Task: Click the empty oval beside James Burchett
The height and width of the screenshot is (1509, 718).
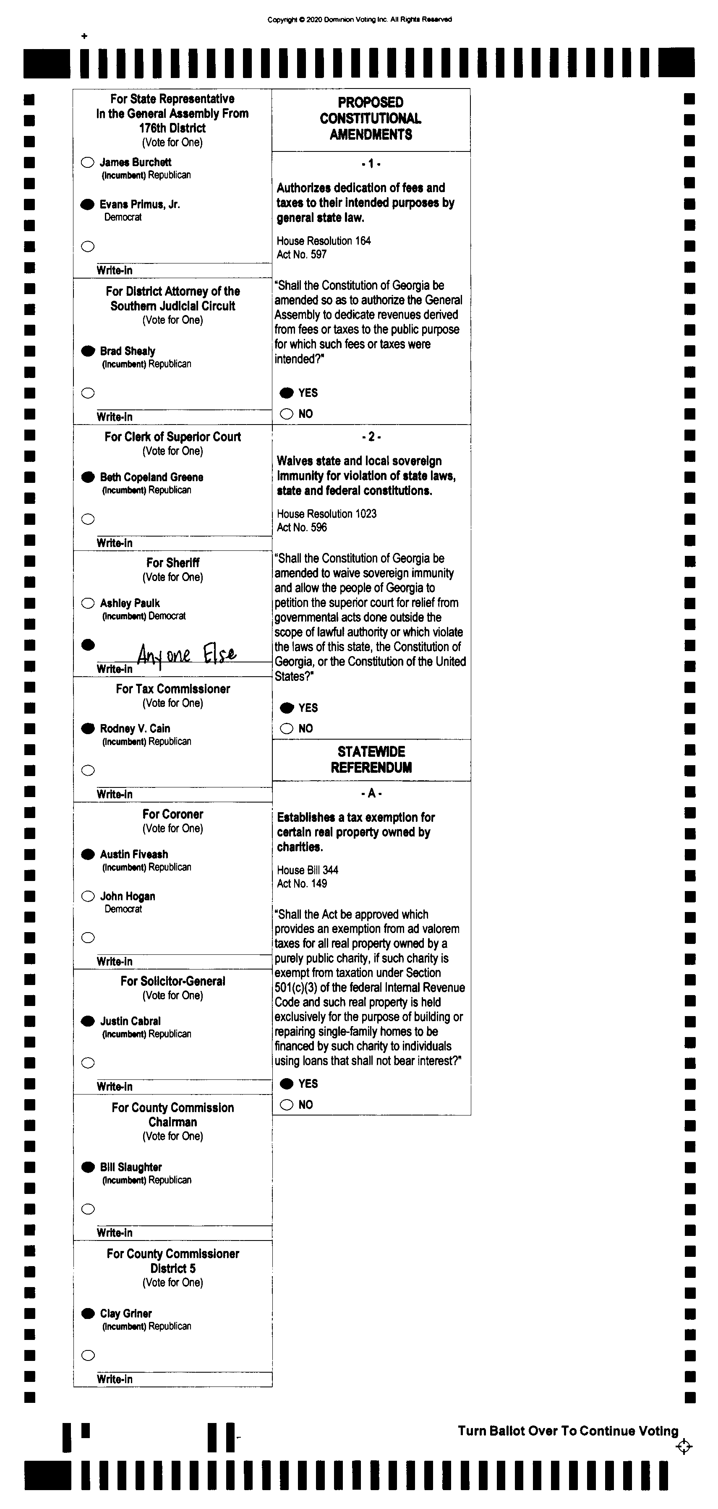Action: point(87,162)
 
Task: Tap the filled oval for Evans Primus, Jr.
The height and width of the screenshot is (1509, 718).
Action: point(87,204)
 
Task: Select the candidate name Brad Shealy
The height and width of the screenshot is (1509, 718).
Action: point(127,351)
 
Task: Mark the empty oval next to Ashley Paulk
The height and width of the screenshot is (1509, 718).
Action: point(88,603)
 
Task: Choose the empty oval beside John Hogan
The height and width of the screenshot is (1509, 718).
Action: point(88,896)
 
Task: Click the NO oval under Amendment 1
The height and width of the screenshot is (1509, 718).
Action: point(287,414)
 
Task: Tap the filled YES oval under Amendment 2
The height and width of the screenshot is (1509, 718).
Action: point(287,708)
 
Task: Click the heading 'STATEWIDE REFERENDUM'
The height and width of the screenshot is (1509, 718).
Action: point(371,760)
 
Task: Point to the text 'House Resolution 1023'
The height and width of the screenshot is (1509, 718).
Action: point(326,514)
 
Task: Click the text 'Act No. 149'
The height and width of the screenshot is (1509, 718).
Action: point(302,884)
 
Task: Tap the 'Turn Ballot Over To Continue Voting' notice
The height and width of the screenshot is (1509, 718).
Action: point(567,1431)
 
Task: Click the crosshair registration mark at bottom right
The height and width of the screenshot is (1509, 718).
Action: point(684,1446)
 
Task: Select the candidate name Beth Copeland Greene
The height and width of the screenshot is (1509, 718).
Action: point(151,477)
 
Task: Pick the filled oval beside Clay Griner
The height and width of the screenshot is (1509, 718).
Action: point(88,1314)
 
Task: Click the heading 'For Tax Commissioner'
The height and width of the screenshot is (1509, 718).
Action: point(173,689)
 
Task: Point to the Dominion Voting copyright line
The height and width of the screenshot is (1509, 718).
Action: point(359,19)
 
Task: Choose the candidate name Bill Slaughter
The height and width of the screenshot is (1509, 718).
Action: point(131,1167)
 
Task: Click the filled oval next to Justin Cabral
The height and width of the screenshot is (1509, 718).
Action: point(88,1021)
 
